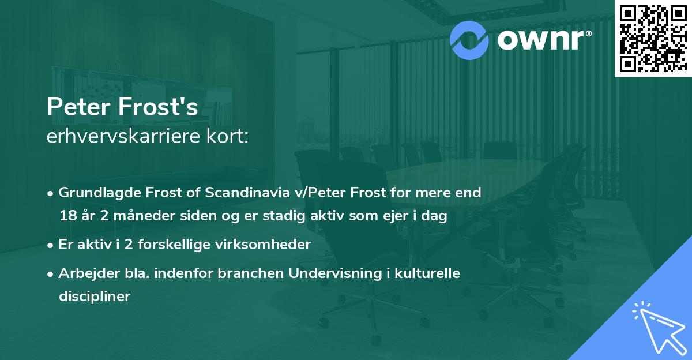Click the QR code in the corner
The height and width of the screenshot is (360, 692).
coord(652,38)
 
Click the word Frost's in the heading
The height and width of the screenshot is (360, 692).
coord(161,107)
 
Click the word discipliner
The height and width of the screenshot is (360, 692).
coord(95,297)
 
